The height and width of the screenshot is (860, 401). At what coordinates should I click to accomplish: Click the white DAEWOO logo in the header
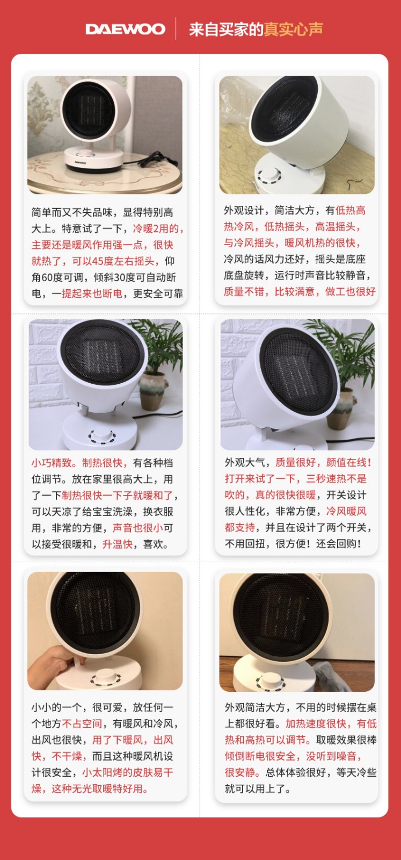(x=126, y=29)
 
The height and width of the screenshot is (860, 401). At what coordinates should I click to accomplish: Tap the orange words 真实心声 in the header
(x=293, y=29)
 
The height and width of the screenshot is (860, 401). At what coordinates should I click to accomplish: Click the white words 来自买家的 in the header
(x=226, y=29)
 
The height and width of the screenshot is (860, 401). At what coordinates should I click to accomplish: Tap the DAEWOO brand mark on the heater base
(x=81, y=162)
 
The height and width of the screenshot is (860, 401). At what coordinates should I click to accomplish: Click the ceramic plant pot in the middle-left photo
(x=154, y=392)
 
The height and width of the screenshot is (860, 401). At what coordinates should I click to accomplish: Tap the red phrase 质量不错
(x=244, y=292)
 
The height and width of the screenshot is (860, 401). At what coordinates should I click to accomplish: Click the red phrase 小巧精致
(x=52, y=463)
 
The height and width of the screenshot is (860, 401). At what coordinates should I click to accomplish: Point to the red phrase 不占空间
(x=82, y=723)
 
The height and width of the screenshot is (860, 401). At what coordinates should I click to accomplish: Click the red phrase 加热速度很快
(x=316, y=723)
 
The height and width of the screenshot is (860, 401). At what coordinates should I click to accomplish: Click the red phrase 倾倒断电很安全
(x=260, y=756)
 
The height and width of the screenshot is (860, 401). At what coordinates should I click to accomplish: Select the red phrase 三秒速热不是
(x=336, y=479)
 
